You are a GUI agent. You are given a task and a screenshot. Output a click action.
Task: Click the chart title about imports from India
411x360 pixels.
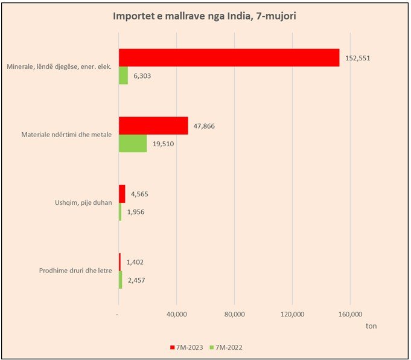tap(205, 16)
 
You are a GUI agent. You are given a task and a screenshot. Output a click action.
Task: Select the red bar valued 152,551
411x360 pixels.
tap(229, 57)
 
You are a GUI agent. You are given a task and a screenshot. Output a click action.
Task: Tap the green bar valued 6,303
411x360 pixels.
tap(123, 76)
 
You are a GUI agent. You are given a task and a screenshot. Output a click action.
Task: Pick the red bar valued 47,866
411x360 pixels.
tap(153, 126)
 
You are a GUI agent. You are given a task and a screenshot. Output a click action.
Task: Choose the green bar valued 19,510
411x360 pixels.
tap(133, 143)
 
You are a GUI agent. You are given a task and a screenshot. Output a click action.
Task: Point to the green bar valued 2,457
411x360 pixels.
tap(121, 280)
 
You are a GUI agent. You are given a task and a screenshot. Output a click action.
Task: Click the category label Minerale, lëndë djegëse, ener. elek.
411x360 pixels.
tap(59, 66)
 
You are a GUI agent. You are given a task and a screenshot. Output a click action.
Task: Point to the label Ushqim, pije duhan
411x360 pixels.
tap(79, 203)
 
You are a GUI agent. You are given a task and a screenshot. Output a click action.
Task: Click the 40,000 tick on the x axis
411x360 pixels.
tap(176, 315)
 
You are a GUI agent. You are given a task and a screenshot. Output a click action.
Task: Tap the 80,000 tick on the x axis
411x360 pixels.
tap(234, 315)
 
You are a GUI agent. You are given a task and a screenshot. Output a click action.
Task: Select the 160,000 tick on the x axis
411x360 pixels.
tap(350, 315)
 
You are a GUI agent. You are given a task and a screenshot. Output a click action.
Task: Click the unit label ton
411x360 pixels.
tap(372, 326)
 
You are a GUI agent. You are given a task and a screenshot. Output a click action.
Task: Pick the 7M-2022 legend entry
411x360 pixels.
tap(229, 347)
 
